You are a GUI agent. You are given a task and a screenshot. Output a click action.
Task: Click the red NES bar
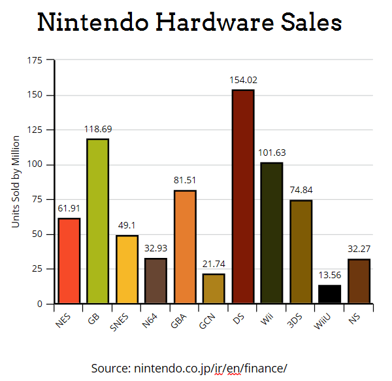click(x=69, y=261)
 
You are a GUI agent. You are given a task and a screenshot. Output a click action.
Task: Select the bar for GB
click(x=98, y=221)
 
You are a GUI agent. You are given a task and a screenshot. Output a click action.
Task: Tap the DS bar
click(x=243, y=196)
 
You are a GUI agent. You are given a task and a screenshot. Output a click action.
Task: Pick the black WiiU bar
click(x=330, y=294)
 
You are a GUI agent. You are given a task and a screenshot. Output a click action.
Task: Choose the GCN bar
click(x=214, y=289)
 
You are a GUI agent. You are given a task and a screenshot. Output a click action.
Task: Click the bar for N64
click(x=155, y=281)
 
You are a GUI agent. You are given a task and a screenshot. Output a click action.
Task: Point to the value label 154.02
click(x=243, y=80)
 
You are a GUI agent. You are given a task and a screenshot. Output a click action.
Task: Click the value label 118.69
click(x=98, y=129)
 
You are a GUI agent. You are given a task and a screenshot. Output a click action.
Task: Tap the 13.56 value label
click(x=330, y=275)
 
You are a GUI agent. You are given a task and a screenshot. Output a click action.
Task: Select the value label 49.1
click(x=127, y=225)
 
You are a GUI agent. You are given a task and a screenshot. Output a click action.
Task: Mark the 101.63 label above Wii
click(x=272, y=153)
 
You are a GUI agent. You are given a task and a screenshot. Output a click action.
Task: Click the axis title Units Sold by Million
click(x=16, y=182)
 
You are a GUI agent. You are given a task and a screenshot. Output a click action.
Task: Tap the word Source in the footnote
click(x=109, y=368)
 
